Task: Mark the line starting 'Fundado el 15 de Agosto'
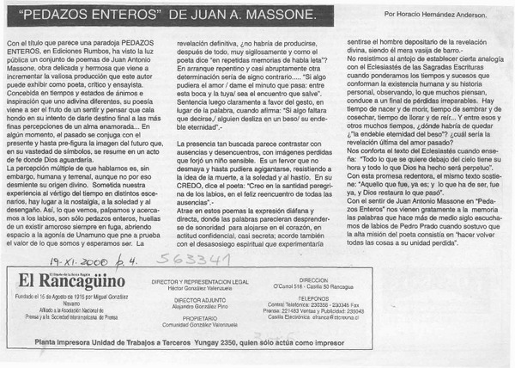click(69, 297)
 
